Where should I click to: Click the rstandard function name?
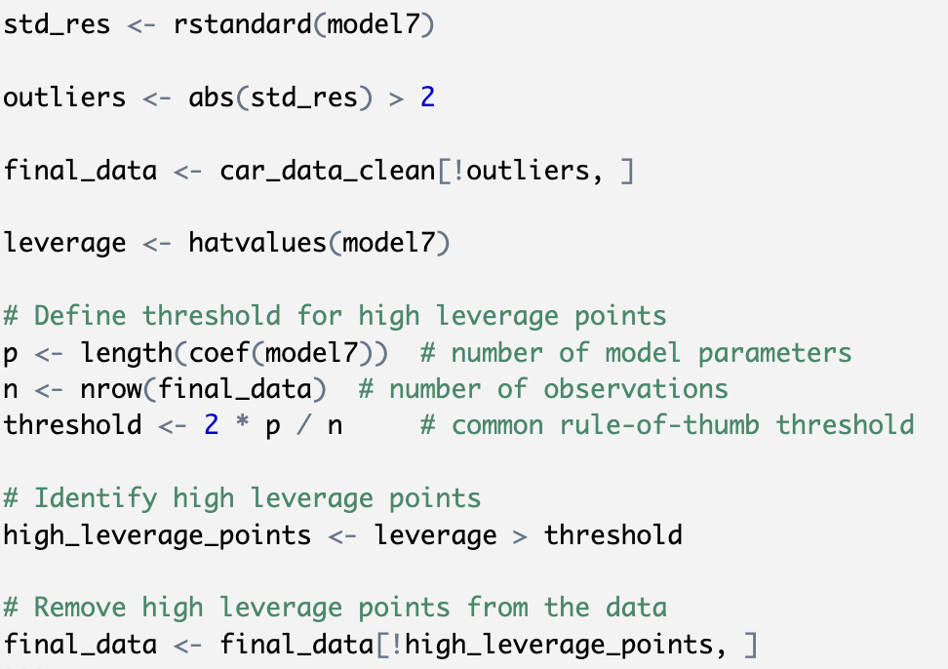243,24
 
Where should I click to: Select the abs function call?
280,98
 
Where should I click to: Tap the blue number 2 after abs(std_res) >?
427,97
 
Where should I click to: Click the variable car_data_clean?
328,171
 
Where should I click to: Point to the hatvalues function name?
258,243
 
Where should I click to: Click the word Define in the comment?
80,316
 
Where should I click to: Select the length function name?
127,354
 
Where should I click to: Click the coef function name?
219,353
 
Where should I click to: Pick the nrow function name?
111,390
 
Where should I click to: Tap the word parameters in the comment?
775,354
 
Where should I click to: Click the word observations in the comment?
636,390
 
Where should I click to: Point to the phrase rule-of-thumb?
659,425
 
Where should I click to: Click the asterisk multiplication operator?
243,423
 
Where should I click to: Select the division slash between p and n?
304,425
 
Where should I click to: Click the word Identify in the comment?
96,499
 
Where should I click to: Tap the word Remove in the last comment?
80,608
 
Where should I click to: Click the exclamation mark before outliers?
458,171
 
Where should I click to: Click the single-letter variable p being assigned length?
11,355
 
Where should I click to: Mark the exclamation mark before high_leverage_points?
397,645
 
